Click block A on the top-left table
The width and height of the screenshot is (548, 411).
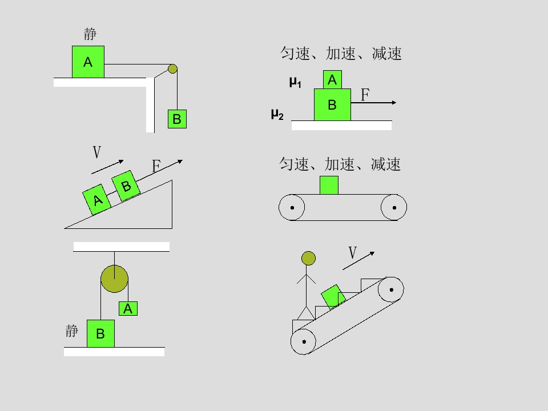click(88, 62)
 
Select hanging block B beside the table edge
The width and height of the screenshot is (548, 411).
click(177, 119)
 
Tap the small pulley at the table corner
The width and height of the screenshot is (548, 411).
click(172, 69)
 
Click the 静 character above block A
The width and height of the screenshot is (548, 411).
click(90, 34)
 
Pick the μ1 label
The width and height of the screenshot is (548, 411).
click(295, 82)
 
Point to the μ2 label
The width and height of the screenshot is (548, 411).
click(277, 114)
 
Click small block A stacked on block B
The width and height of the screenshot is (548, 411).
click(332, 80)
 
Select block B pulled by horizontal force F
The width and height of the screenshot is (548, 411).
click(332, 104)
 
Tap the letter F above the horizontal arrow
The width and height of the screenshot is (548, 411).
click(365, 95)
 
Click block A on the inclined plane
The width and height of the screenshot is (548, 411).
click(97, 200)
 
